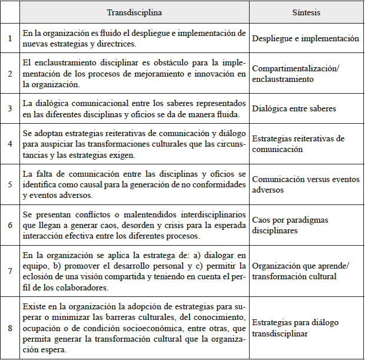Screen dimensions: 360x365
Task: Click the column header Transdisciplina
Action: coord(135,12)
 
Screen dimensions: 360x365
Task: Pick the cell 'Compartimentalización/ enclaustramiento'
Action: coord(295,73)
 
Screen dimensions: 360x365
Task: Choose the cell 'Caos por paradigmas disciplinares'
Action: coord(290,225)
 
